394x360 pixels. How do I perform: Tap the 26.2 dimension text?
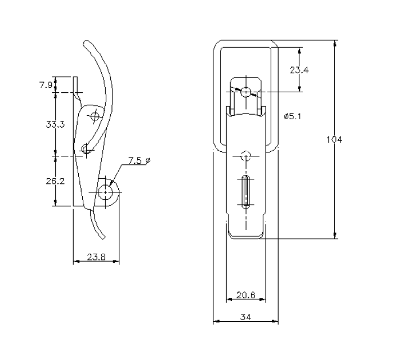[55, 181]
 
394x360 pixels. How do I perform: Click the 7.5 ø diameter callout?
[139, 161]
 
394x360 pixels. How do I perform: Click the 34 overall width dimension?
[245, 317]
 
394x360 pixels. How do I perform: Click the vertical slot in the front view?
[245, 192]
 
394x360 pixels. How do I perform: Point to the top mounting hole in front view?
[245, 92]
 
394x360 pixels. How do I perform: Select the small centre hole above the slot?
[245, 156]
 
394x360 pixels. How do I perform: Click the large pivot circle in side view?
[105, 191]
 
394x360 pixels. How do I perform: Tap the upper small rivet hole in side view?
[95, 117]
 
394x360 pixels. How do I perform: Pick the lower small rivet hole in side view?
[86, 149]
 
